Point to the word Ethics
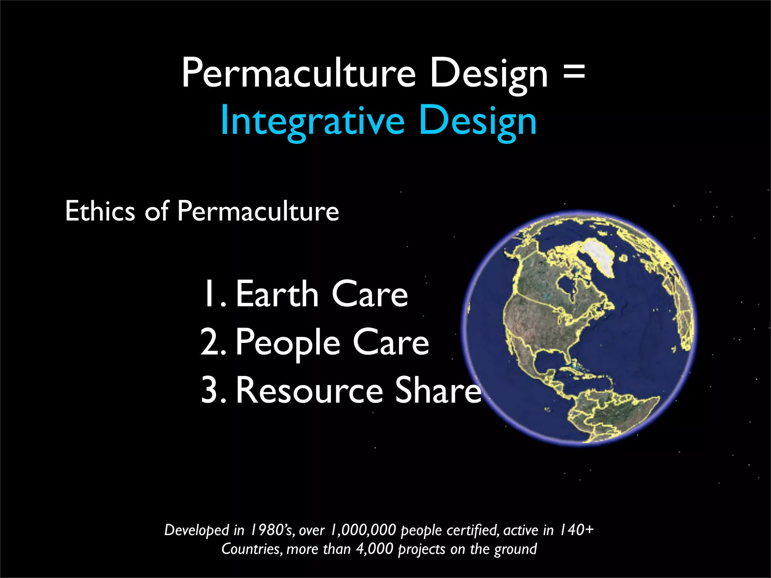pos(99,211)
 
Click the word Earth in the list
pos(277,294)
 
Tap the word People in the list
pos(288,342)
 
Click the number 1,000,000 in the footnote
pos(363,530)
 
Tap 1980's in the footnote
pos(273,530)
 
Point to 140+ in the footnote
pos(576,530)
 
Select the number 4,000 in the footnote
pos(375,549)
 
